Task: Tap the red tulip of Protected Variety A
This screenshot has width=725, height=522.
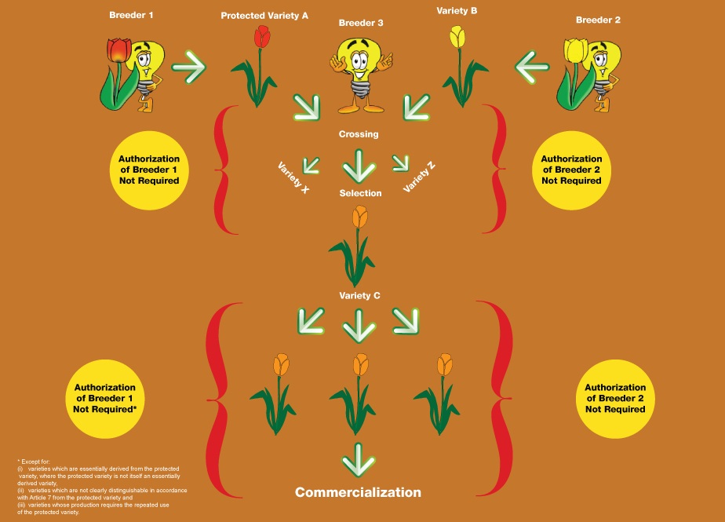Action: click(261, 38)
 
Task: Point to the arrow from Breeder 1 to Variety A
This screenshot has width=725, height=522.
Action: click(188, 70)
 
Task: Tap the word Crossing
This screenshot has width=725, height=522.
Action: click(359, 134)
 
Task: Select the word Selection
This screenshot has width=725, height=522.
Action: click(360, 193)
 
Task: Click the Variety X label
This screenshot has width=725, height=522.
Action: click(293, 177)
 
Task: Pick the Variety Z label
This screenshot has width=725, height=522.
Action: click(420, 177)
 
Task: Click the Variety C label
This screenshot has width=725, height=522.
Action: click(360, 295)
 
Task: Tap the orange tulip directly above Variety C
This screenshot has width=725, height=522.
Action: click(359, 217)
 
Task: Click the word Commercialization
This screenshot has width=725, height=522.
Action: click(358, 492)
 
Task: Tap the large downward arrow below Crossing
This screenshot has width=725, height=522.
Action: click(359, 165)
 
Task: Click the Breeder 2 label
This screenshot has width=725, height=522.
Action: click(598, 20)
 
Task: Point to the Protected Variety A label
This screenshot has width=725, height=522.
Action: click(264, 15)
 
